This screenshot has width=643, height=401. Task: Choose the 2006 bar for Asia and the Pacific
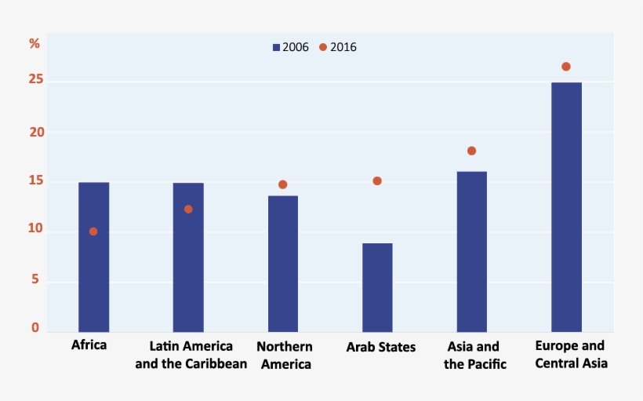pos(471,251)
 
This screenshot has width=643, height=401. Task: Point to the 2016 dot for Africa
pos(93,231)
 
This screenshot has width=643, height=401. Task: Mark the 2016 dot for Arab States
pos(377,180)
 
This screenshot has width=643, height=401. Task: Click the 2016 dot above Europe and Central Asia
pos(566,67)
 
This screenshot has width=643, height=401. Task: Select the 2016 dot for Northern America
pos(282,184)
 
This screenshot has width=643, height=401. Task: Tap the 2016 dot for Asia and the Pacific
pos(471,151)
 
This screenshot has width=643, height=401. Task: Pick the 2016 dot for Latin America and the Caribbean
pos(188,210)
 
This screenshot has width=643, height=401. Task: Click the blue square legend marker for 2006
pos(276,48)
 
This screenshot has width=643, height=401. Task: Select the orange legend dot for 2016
pos(322,47)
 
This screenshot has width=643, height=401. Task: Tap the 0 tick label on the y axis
pos(35,328)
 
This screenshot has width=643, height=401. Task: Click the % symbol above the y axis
pos(35,44)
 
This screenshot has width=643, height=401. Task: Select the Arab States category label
pos(381,347)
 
